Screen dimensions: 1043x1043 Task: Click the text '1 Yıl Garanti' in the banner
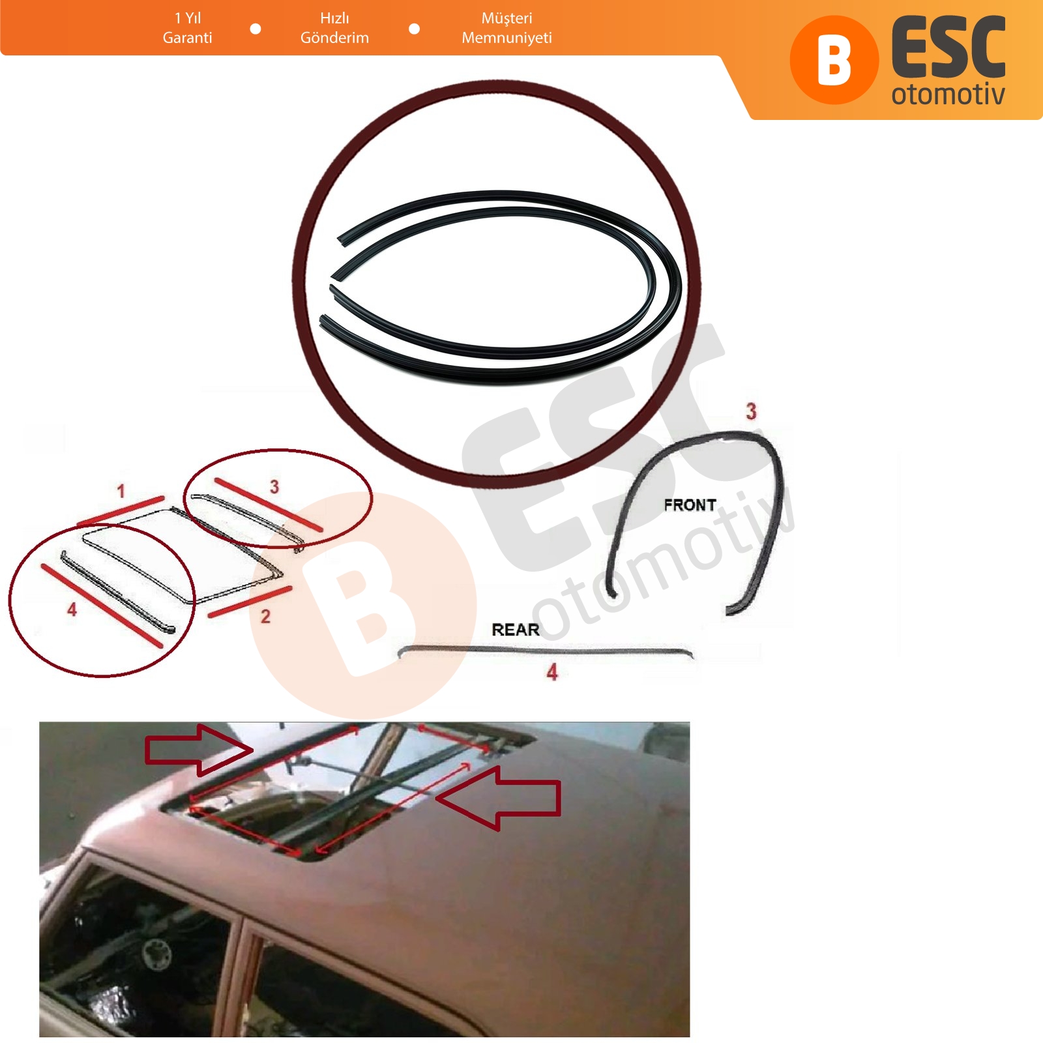187,28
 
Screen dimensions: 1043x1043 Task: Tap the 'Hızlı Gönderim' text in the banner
334,28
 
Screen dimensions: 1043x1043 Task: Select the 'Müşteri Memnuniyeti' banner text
507,28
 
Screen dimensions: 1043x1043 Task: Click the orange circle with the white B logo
834,60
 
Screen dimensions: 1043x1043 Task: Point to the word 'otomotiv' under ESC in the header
948,94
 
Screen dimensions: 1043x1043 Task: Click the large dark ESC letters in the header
948,48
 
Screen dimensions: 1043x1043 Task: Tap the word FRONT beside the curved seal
690,505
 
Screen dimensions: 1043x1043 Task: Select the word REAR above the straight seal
515,630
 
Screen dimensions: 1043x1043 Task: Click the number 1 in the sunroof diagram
121,491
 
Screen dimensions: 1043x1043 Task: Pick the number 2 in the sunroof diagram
265,616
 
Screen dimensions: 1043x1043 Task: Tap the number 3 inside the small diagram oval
274,486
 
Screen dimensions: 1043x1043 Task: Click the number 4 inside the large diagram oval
72,610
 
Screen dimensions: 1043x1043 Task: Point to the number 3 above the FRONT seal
751,411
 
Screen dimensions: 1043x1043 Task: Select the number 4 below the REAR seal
552,672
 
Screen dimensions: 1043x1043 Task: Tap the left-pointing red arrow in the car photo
498,798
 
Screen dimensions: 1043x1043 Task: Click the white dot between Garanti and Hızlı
256,29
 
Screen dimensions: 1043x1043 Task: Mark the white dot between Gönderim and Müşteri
414,29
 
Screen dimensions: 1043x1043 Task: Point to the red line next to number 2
250,602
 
